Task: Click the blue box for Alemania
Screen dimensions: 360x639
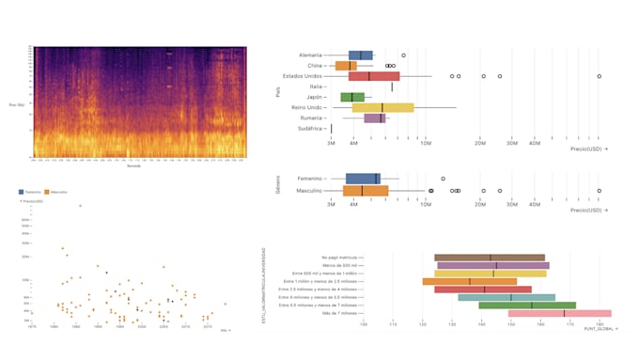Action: click(360, 55)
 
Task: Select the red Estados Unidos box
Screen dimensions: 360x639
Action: click(374, 76)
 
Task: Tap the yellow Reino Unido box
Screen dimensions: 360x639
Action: click(382, 107)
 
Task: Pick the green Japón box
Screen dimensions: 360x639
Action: click(352, 97)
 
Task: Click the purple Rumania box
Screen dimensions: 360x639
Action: click(375, 118)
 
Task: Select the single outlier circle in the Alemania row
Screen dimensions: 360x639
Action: click(403, 55)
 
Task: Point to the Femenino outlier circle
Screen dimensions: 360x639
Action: click(443, 179)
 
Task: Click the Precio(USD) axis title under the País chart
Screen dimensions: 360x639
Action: click(588, 149)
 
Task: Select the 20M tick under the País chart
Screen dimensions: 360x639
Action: click(480, 143)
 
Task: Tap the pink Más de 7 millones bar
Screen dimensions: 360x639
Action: click(559, 313)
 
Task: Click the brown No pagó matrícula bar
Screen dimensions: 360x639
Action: click(489, 257)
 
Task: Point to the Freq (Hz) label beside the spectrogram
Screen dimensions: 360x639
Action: click(17, 103)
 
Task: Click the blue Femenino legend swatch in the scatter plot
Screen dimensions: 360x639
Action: click(22, 191)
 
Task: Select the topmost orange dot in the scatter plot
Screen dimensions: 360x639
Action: click(80, 206)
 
